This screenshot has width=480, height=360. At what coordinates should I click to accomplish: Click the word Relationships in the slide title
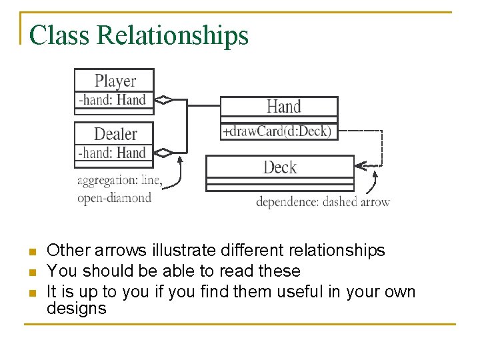[172, 35]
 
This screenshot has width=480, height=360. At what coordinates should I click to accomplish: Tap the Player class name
[115, 81]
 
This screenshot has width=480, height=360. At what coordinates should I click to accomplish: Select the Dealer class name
[115, 133]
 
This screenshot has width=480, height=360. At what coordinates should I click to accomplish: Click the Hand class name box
[283, 107]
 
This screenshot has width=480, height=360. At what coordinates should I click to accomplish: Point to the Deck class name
[279, 167]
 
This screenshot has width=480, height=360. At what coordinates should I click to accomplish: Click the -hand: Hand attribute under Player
[112, 100]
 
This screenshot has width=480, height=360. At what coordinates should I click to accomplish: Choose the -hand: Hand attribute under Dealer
[112, 153]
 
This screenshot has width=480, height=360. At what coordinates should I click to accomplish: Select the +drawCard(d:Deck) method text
[277, 131]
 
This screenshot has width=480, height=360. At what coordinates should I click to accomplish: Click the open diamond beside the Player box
[163, 100]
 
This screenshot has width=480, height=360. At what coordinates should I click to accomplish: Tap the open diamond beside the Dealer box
[163, 153]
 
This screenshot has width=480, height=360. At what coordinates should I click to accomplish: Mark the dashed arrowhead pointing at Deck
[360, 164]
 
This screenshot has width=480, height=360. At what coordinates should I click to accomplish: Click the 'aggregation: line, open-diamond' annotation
[119, 189]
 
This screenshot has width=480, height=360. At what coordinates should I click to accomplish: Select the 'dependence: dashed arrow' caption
[323, 201]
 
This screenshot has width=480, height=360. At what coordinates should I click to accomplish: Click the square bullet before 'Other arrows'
[31, 252]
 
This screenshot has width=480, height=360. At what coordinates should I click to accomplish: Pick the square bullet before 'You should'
[31, 273]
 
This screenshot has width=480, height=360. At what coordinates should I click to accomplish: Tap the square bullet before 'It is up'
[31, 293]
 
